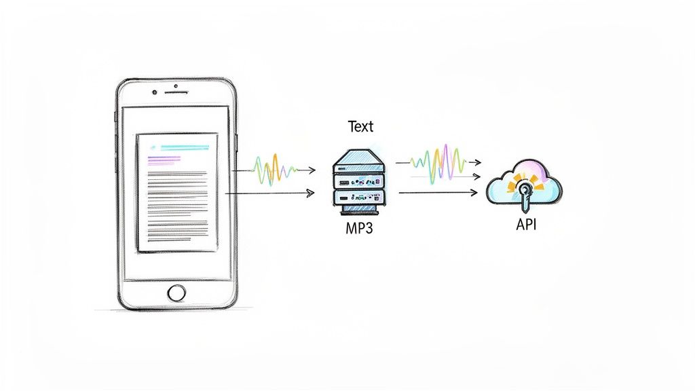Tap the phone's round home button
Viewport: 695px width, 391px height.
coord(176,293)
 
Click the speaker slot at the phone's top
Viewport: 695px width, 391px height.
coord(176,87)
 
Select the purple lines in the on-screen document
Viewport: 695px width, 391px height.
coord(164,160)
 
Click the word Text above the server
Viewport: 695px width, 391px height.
coord(360,126)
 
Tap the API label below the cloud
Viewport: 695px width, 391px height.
coord(526,224)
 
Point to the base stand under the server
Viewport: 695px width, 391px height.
coord(359,210)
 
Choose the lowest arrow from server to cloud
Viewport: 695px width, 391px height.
coord(438,193)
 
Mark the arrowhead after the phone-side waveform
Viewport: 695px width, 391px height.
coord(312,170)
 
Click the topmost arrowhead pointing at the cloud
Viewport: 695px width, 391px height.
coord(478,162)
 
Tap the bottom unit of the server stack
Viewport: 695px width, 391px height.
coord(358,198)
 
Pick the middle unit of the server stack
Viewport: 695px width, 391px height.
coord(358,181)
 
